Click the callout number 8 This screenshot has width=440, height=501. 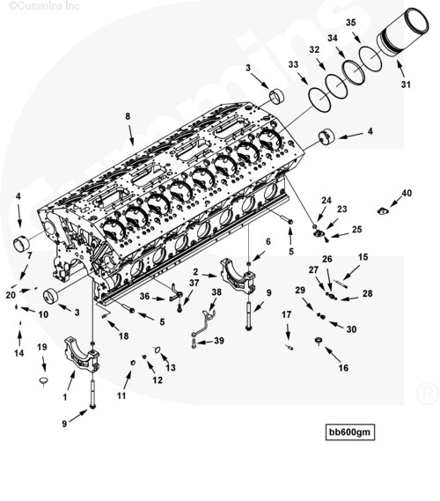[128, 115]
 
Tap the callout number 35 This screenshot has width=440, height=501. [351, 22]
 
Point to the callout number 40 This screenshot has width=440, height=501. [407, 193]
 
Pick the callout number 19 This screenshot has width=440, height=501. [41, 347]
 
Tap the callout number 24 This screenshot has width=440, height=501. [326, 202]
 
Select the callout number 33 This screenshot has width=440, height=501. [293, 65]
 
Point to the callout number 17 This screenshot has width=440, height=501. [287, 314]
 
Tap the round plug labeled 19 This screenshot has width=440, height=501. [40, 379]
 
